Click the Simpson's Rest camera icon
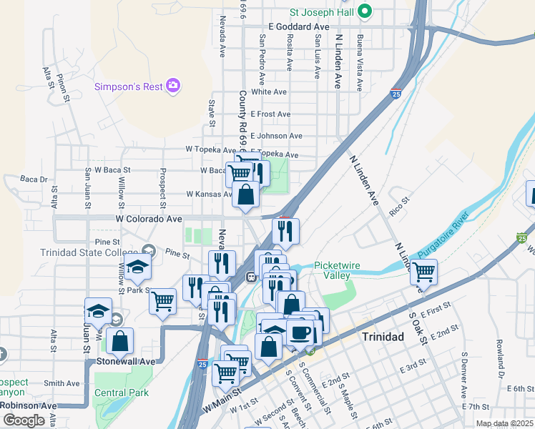[x=172, y=87]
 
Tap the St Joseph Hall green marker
[x=365, y=11]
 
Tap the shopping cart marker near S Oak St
[x=424, y=272]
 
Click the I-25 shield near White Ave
[x=396, y=93]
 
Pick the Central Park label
[x=121, y=393]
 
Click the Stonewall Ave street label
[x=126, y=362]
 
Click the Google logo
[x=24, y=420]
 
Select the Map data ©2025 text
[x=504, y=423]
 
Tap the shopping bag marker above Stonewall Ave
[x=119, y=341]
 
